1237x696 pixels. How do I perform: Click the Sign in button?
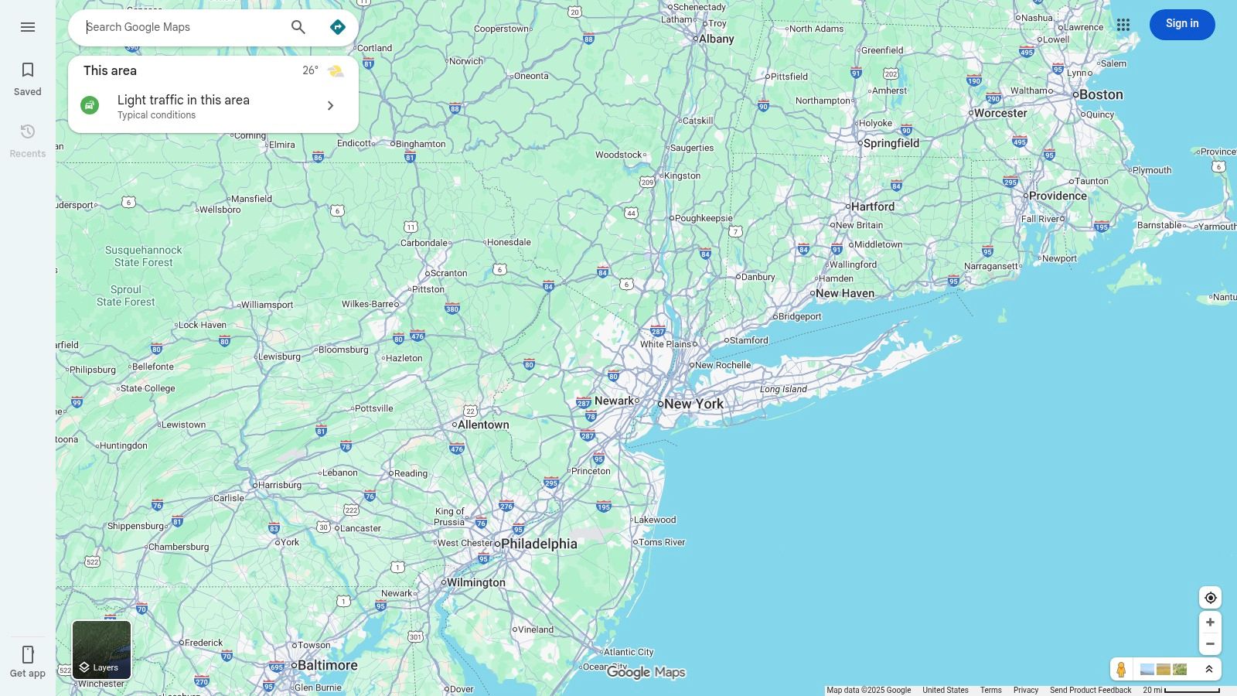pos(1181,24)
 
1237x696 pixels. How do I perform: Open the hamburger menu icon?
pos(28,27)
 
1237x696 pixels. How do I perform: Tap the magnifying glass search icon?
pos(298,27)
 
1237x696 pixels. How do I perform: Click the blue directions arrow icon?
pos(338,27)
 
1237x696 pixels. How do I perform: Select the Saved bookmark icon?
pos(28,70)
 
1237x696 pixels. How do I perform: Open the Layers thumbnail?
pos(101,650)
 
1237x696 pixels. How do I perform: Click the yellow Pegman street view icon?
pos(1121,669)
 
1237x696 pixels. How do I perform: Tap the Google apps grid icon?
pos(1123,25)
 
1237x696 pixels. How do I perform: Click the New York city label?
pos(693,404)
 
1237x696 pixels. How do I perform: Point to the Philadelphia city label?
pos(539,544)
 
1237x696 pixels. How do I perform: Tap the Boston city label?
pos(1100,94)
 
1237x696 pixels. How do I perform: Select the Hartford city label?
pos(872,206)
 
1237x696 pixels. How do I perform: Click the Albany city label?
pos(716,39)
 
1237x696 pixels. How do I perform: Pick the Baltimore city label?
pos(327,665)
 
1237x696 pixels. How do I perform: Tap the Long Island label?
pos(783,389)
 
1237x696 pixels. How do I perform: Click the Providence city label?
pos(1057,196)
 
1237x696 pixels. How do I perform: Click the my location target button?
pos(1210,598)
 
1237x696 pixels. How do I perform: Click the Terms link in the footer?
pos(990,690)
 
